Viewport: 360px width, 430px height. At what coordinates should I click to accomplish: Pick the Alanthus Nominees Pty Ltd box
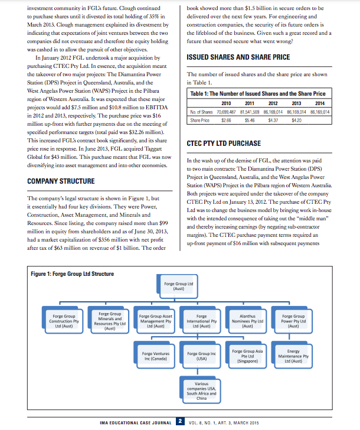[x=247, y=321]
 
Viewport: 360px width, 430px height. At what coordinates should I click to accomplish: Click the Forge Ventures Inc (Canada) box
[x=156, y=356]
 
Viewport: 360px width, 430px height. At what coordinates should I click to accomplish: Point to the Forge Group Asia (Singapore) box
[x=247, y=356]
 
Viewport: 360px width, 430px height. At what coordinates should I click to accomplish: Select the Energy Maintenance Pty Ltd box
[x=293, y=356]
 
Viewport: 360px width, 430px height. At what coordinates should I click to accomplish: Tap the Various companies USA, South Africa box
[x=201, y=391]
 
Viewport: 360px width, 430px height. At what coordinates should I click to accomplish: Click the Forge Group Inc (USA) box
[x=201, y=356]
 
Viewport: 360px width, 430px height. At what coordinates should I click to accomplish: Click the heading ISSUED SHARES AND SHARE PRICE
[x=238, y=57]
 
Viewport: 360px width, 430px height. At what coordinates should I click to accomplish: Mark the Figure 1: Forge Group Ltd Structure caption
[x=72, y=273]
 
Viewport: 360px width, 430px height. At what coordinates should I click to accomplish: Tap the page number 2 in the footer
[x=181, y=422]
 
